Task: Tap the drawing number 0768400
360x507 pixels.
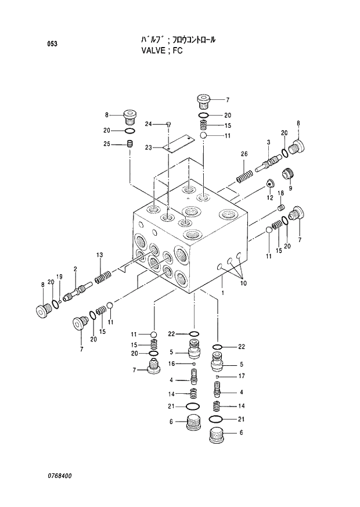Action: click(x=60, y=475)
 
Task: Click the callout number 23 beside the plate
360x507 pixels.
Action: click(x=149, y=148)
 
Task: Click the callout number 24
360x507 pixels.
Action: click(x=149, y=124)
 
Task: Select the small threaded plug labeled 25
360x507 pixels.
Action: click(x=131, y=144)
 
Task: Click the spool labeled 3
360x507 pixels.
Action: click(x=268, y=161)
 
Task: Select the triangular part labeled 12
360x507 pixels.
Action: click(x=270, y=184)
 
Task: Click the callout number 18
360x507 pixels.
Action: click(x=280, y=193)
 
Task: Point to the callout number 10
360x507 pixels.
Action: click(x=243, y=283)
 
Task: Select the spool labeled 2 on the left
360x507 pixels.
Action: click(x=77, y=287)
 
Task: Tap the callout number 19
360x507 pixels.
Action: click(x=59, y=276)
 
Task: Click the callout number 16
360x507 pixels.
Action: click(x=172, y=364)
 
